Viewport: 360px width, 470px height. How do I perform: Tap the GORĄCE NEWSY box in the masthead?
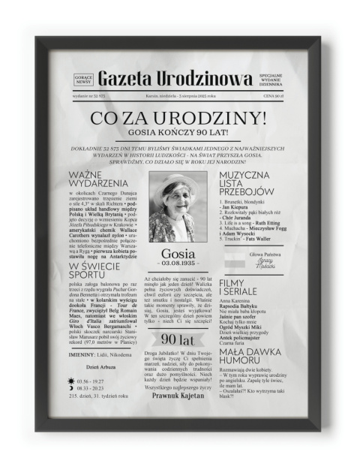pos(83,79)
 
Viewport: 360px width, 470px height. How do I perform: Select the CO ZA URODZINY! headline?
pos(178,118)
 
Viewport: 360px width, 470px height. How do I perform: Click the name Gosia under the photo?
pos(178,252)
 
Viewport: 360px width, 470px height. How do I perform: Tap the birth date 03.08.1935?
pos(178,264)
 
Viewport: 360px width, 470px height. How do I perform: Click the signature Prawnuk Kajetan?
pos(178,393)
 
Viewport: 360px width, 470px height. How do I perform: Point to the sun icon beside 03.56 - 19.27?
pos(71,381)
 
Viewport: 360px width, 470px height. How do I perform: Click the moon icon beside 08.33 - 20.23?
pos(71,388)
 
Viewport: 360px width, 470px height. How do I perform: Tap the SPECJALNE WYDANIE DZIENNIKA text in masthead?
pos(271,79)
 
